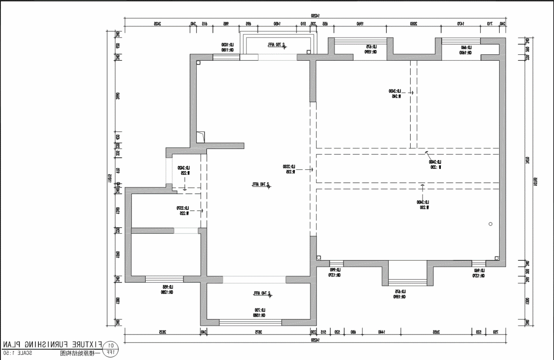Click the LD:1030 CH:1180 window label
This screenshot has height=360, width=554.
tap(227, 47)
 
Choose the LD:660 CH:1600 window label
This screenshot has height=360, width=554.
tap(466, 50)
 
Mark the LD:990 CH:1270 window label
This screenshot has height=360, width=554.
tap(335, 272)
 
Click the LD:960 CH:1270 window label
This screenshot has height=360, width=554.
tap(479, 273)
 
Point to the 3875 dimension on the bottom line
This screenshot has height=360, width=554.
tap(259, 332)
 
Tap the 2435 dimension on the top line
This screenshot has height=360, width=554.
tap(157, 23)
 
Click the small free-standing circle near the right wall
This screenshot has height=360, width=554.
tap(490, 224)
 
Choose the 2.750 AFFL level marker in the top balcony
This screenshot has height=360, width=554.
tap(277, 45)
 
